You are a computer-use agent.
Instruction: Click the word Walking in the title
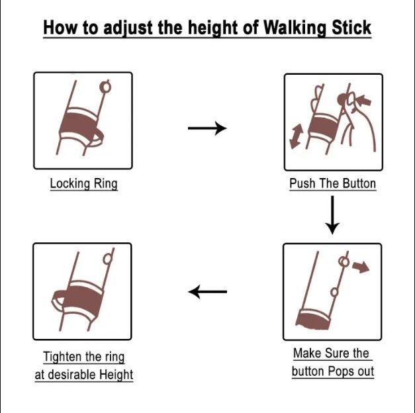point(295,28)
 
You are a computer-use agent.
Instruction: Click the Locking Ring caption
point(83,183)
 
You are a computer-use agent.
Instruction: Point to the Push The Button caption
point(332,183)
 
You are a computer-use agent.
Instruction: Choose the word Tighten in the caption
point(64,357)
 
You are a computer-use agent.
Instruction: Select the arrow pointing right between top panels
point(207,128)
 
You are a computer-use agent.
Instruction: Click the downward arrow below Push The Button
point(332,217)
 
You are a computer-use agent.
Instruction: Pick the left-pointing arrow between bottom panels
point(207,291)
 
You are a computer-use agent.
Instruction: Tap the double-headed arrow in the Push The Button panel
point(297,136)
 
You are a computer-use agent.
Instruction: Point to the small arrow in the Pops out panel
point(361,267)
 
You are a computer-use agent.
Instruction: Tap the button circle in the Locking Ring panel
point(104,87)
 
